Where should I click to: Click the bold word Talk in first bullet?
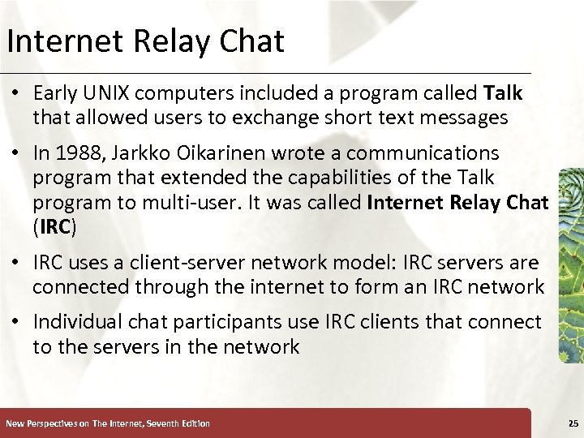[503, 93]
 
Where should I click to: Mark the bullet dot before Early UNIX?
[16, 94]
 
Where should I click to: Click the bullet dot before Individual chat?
[16, 323]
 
